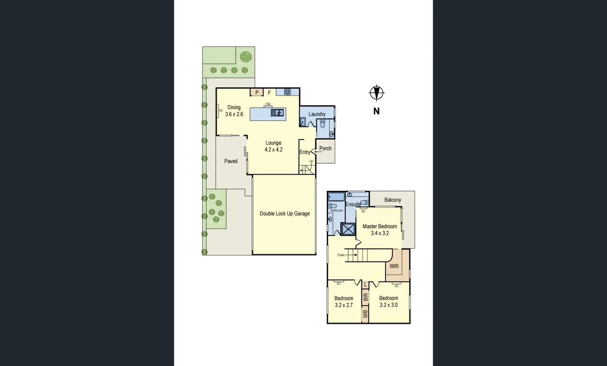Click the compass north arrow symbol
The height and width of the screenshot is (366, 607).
click(376, 93)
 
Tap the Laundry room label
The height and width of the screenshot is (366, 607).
click(317, 114)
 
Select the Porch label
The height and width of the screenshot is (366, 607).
click(325, 148)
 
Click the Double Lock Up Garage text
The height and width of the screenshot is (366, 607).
click(285, 213)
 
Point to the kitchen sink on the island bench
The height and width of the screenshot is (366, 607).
click(277, 113)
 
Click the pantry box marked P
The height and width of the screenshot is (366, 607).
click(257, 92)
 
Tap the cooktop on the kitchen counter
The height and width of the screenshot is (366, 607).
click(287, 92)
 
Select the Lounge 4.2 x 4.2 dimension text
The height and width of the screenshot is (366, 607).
click(274, 149)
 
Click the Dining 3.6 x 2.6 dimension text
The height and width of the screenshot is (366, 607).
click(234, 114)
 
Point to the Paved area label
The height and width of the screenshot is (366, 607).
click(231, 161)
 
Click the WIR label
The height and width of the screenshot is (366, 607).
click(394, 266)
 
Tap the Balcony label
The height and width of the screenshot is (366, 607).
click(392, 200)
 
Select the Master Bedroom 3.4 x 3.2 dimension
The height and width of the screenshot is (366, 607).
click(380, 233)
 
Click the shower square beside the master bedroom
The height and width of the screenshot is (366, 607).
click(348, 229)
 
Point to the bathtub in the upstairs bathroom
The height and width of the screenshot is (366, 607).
click(336, 197)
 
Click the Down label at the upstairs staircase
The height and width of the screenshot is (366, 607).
click(341, 255)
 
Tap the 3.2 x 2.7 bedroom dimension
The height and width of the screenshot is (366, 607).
click(344, 305)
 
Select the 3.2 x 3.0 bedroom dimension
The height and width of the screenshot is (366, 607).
click(388, 305)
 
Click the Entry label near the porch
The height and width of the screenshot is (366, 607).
click(305, 152)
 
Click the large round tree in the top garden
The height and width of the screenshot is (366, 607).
click(246, 56)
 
